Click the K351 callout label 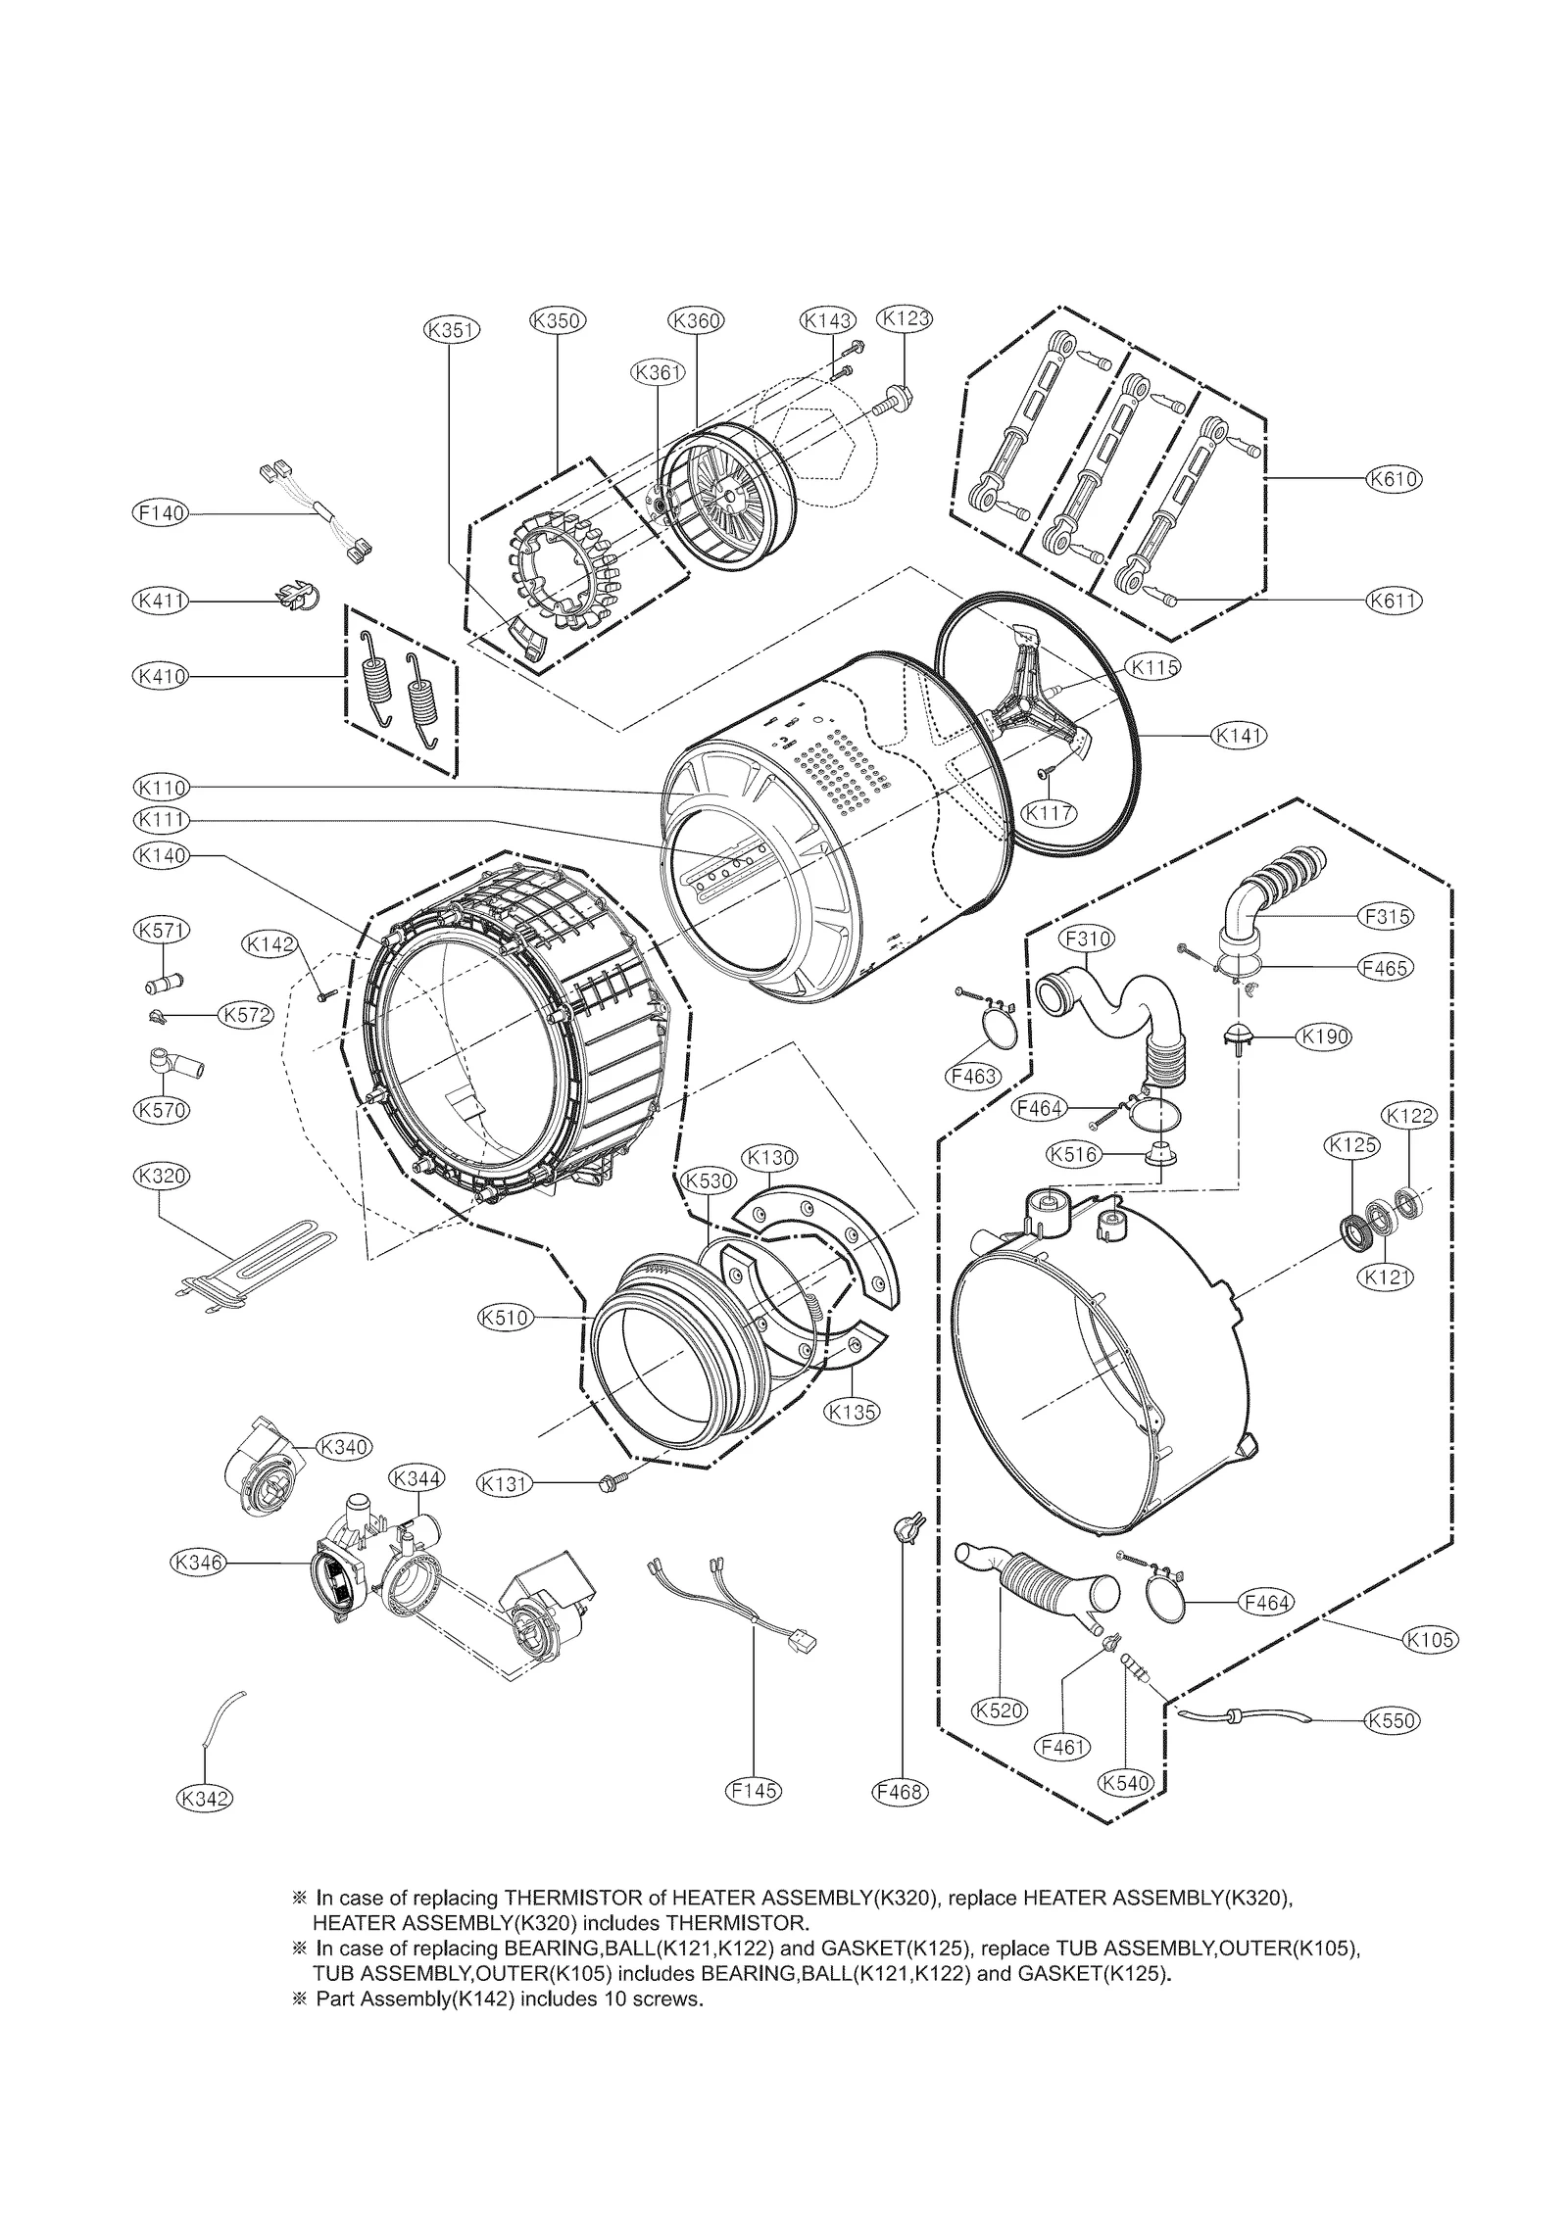[x=452, y=330]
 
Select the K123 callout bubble [x=904, y=317]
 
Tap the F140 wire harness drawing [x=315, y=512]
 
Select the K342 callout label [x=205, y=1798]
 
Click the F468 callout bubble [x=899, y=1791]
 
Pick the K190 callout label [x=1323, y=1036]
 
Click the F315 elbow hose [x=1263, y=887]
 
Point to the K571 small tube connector [x=163, y=980]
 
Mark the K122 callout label [x=1408, y=1115]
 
